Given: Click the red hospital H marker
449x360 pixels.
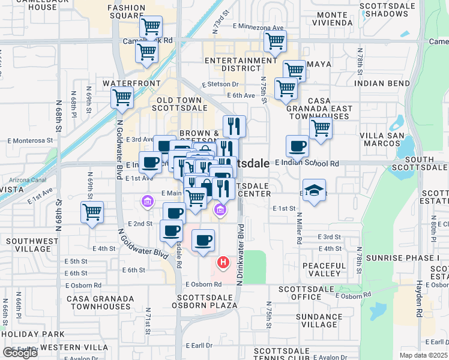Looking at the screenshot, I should tap(223, 262).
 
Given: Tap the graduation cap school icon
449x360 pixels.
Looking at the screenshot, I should tap(314, 190).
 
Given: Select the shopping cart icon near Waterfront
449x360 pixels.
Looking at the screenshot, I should tap(122, 97).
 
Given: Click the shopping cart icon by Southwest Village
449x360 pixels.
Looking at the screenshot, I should tap(92, 212).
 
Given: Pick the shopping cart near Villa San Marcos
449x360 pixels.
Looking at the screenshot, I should tap(321, 128).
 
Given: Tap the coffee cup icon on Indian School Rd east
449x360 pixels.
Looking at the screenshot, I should tap(297, 146).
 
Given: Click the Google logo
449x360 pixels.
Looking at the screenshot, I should tap(20, 353).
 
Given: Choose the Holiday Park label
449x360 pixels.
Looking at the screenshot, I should tap(32, 334).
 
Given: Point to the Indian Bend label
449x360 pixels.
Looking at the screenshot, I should tap(382, 83).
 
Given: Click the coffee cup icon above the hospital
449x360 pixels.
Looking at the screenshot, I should tap(203, 240).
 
